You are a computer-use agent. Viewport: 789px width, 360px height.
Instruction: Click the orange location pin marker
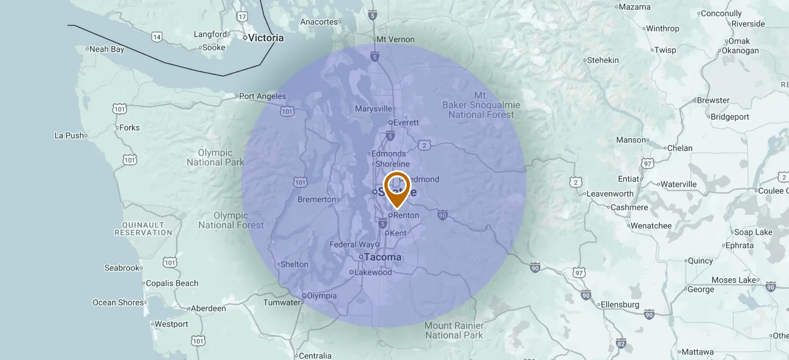pyautogui.click(x=397, y=187)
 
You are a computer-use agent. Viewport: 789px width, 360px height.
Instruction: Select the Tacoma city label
pyautogui.click(x=383, y=257)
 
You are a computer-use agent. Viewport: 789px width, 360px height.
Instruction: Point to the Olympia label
pyautogui.click(x=321, y=296)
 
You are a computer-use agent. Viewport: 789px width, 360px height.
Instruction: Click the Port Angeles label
pyautogui.click(x=263, y=96)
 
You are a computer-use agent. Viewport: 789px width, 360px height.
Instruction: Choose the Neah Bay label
pyautogui.click(x=107, y=49)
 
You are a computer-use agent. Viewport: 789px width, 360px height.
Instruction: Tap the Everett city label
pyautogui.click(x=406, y=123)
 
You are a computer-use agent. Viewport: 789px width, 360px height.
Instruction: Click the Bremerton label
pyautogui.click(x=317, y=200)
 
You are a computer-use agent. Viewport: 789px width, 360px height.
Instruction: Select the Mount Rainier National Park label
pyautogui.click(x=454, y=330)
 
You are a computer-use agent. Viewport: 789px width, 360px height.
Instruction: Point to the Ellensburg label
pyautogui.click(x=620, y=305)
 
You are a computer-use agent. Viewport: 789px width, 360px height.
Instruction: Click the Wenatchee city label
pyautogui.click(x=651, y=226)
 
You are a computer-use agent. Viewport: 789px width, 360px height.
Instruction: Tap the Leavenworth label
pyautogui.click(x=610, y=194)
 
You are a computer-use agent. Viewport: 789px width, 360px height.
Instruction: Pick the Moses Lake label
pyautogui.click(x=734, y=280)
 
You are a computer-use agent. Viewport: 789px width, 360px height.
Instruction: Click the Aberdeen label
pyautogui.click(x=208, y=308)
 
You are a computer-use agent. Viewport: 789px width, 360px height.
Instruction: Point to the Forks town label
pyautogui.click(x=130, y=128)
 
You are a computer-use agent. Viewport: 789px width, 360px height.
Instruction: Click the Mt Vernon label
pyautogui.click(x=395, y=39)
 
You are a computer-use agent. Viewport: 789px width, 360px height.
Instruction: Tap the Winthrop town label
pyautogui.click(x=662, y=28)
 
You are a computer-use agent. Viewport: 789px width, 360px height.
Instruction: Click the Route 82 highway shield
pyautogui.click(x=621, y=343)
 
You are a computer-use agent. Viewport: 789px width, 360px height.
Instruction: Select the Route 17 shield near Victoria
pyautogui.click(x=242, y=17)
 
